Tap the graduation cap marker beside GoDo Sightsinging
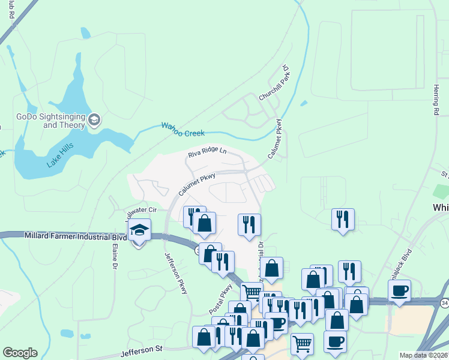(x=94, y=121)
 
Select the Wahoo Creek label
(x=183, y=129)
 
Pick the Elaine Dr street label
(x=113, y=256)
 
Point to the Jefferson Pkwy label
(x=176, y=272)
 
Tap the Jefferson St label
(x=142, y=348)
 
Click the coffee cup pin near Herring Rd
(x=399, y=292)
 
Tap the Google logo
(x=20, y=353)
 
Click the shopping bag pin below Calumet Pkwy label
(x=205, y=224)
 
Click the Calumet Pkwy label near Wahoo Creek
(x=278, y=139)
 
